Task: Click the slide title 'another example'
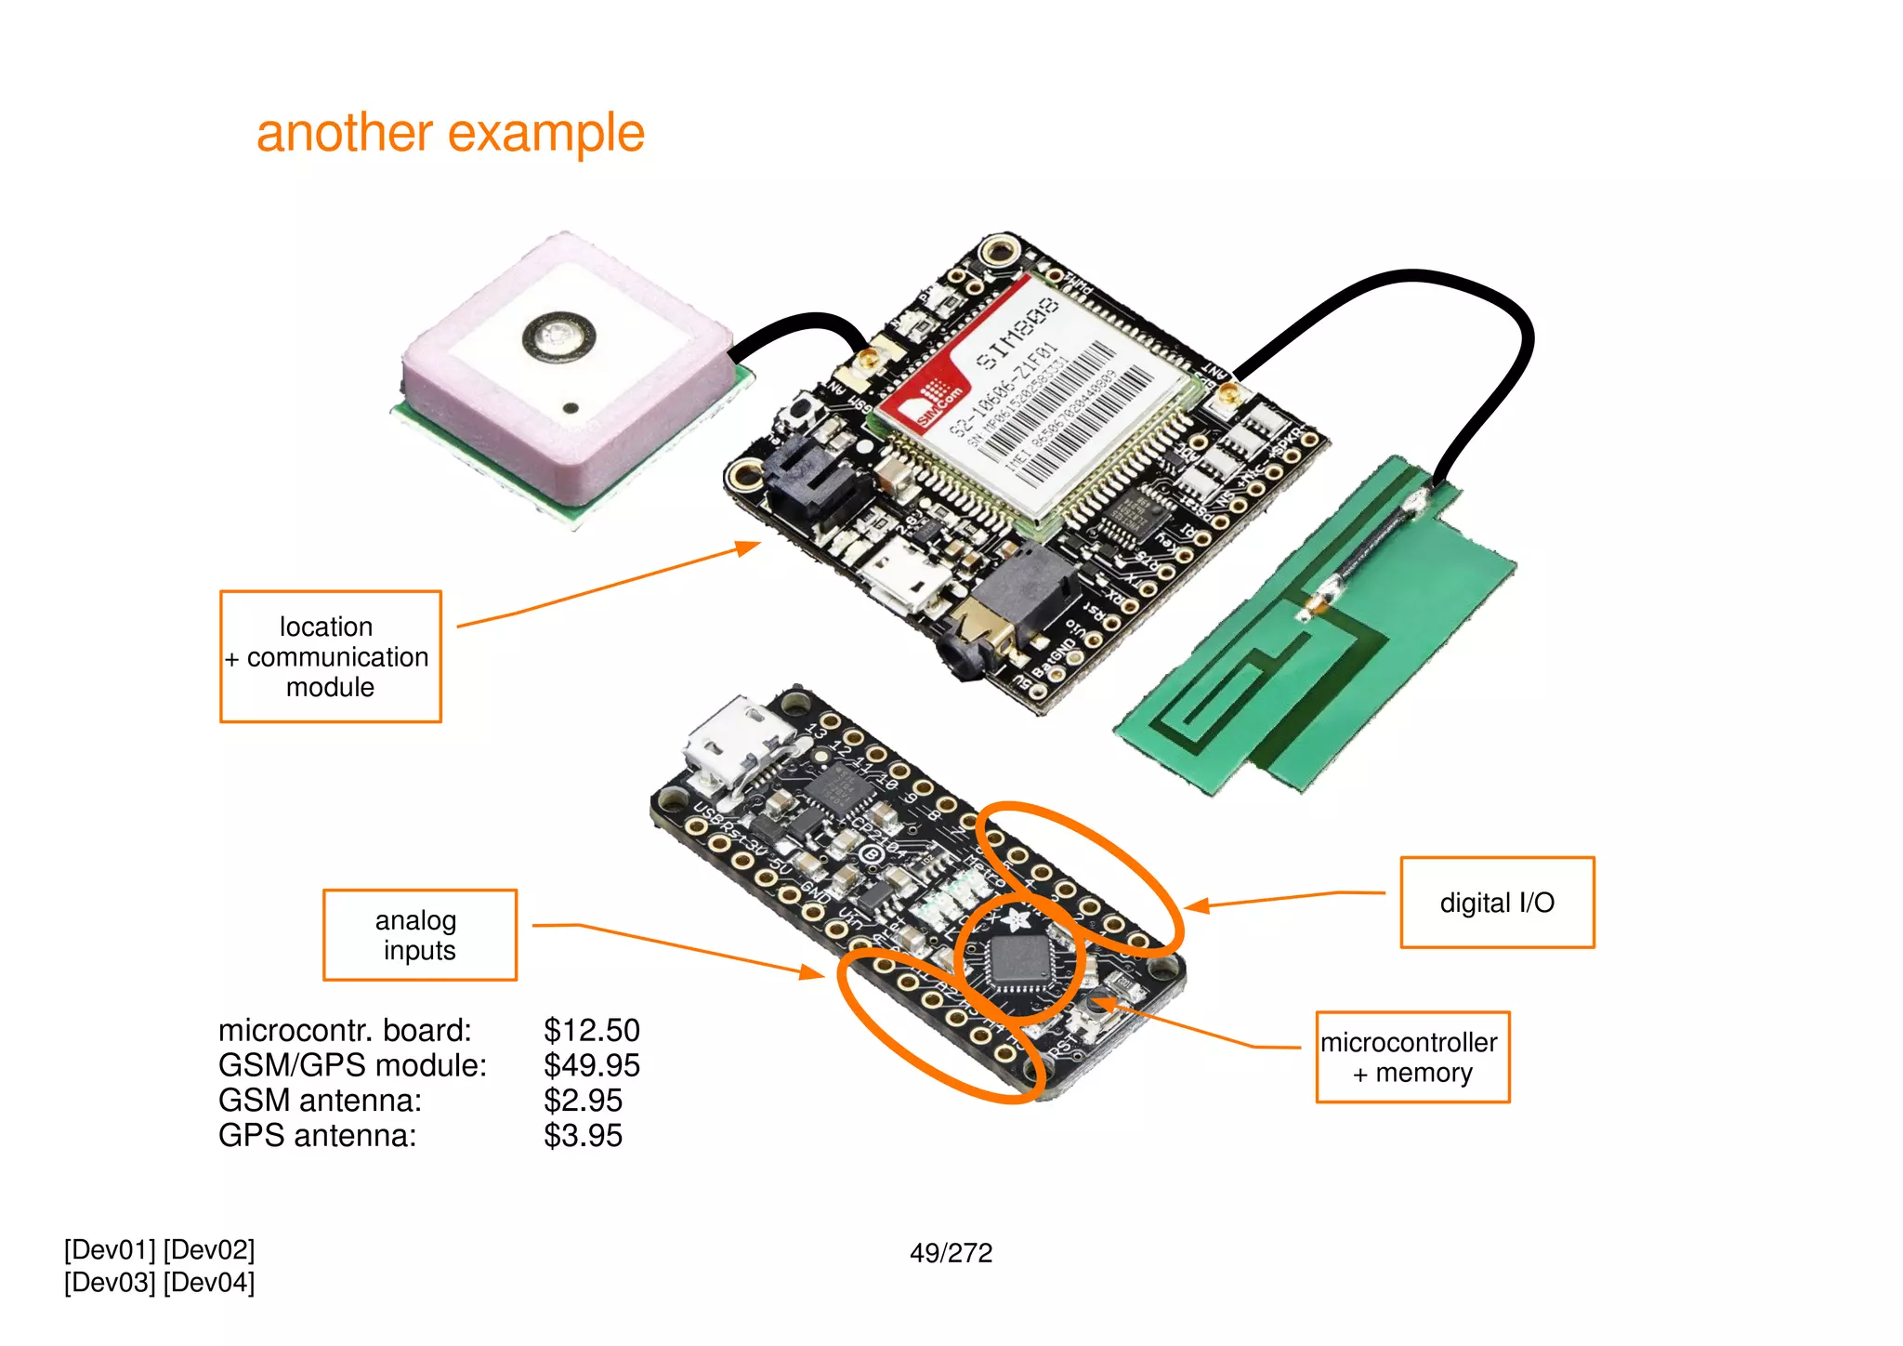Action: (450, 133)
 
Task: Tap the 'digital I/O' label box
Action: (1496, 903)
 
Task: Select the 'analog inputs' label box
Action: (419, 935)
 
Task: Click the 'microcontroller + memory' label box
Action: (1411, 1058)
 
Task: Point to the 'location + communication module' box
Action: (330, 656)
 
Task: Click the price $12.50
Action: (592, 1030)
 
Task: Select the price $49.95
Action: (592, 1065)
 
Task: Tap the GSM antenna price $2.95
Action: (583, 1101)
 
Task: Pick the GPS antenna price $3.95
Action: (583, 1136)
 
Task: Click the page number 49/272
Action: (951, 1253)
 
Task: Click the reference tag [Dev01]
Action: (110, 1250)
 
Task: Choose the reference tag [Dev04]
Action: (209, 1283)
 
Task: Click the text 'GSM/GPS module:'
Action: (352, 1065)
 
